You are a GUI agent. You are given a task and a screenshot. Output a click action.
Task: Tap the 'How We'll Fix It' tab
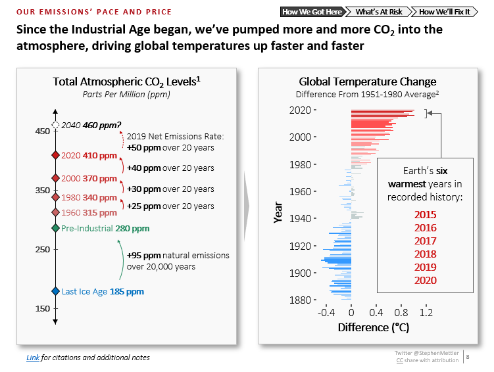click(446, 12)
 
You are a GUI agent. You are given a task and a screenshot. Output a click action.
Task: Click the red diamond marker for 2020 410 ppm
click(55, 156)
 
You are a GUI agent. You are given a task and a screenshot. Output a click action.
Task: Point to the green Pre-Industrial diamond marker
click(55, 228)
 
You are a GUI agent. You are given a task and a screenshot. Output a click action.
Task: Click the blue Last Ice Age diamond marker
click(55, 291)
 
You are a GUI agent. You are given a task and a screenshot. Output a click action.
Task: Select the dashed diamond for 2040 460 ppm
click(55, 124)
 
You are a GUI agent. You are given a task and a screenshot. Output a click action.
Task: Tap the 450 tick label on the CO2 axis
click(41, 131)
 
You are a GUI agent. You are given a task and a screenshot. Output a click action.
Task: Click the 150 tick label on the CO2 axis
click(41, 309)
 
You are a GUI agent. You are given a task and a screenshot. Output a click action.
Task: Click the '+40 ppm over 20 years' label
click(170, 168)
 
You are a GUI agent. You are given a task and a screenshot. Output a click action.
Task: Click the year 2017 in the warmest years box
click(425, 241)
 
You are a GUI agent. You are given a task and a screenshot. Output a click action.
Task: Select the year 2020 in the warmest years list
click(425, 281)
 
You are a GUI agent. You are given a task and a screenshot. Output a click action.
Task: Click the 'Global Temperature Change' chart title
click(367, 81)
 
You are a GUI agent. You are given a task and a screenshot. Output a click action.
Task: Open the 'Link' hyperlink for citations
click(32, 358)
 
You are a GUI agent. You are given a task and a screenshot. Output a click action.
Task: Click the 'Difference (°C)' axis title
click(373, 327)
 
